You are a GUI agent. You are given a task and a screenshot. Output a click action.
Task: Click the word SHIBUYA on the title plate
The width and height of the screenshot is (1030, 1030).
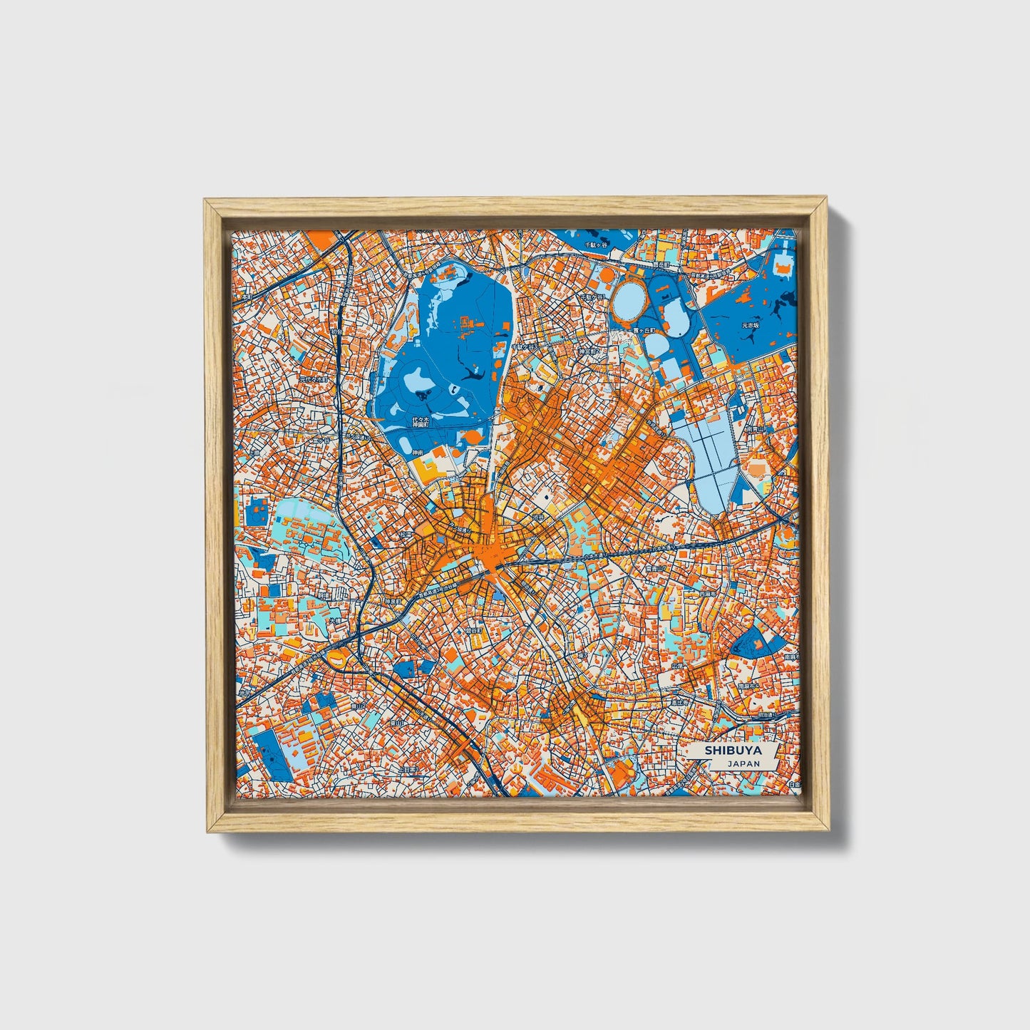(733, 751)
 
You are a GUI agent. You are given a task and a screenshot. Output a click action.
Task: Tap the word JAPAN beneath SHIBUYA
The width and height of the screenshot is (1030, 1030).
(743, 763)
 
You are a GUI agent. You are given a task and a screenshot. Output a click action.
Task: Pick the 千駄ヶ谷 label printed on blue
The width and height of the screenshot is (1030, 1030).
(595, 244)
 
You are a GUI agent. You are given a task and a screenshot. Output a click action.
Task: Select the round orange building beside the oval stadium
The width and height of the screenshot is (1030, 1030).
(604, 273)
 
